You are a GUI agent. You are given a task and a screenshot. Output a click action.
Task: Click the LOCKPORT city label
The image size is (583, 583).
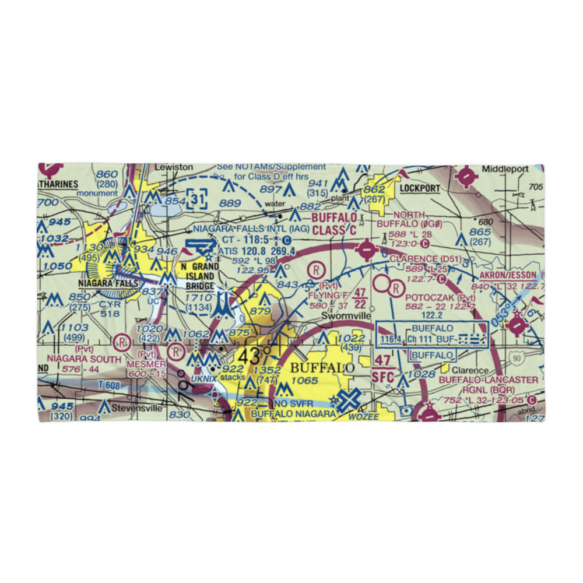tap(419, 188)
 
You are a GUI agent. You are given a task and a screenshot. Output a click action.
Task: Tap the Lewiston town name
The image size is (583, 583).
tap(174, 167)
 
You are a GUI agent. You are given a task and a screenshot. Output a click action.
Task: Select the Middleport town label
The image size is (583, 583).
tap(505, 169)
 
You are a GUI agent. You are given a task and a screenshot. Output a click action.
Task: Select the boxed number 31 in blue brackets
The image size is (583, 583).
tap(197, 200)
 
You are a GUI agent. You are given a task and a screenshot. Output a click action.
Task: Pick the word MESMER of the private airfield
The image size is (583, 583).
tap(145, 364)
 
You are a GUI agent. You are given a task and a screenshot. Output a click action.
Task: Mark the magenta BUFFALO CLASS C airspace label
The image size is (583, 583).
tap(334, 223)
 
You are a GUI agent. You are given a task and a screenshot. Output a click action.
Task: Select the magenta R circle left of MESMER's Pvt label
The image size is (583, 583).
tap(122, 340)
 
